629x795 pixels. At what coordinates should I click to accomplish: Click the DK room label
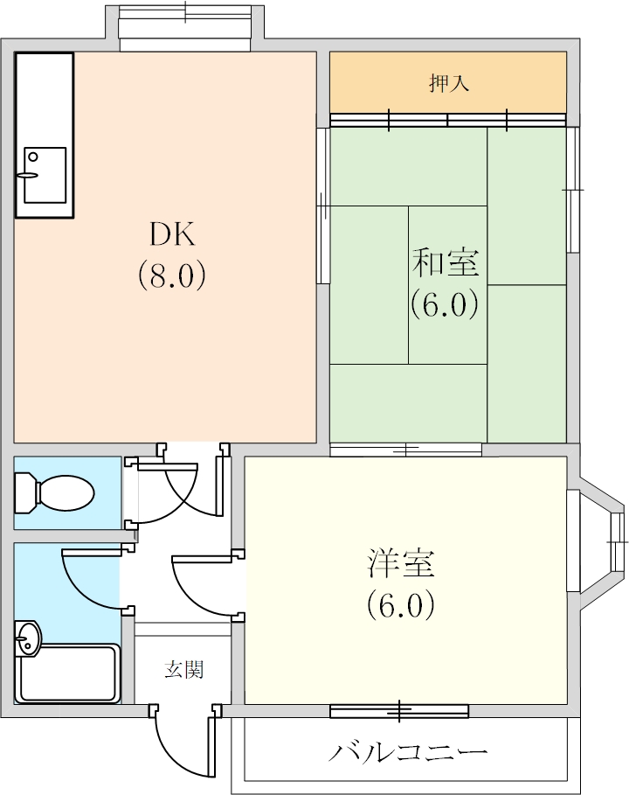172,234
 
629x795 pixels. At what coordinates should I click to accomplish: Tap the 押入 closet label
449,82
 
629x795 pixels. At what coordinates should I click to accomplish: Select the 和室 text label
446,262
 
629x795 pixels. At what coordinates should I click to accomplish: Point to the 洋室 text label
401,562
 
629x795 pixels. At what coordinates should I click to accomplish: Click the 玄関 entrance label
183,669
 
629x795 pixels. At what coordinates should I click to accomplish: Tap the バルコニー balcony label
408,752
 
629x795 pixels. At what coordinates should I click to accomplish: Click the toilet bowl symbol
55,492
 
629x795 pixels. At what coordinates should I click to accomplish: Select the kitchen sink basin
45,175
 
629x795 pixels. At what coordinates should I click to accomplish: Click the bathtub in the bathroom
68,673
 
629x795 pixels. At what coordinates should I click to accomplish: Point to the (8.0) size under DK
172,275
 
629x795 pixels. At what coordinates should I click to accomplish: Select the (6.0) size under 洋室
401,604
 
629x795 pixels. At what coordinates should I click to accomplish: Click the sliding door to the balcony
399,711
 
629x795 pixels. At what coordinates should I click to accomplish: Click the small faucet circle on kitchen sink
33,157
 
